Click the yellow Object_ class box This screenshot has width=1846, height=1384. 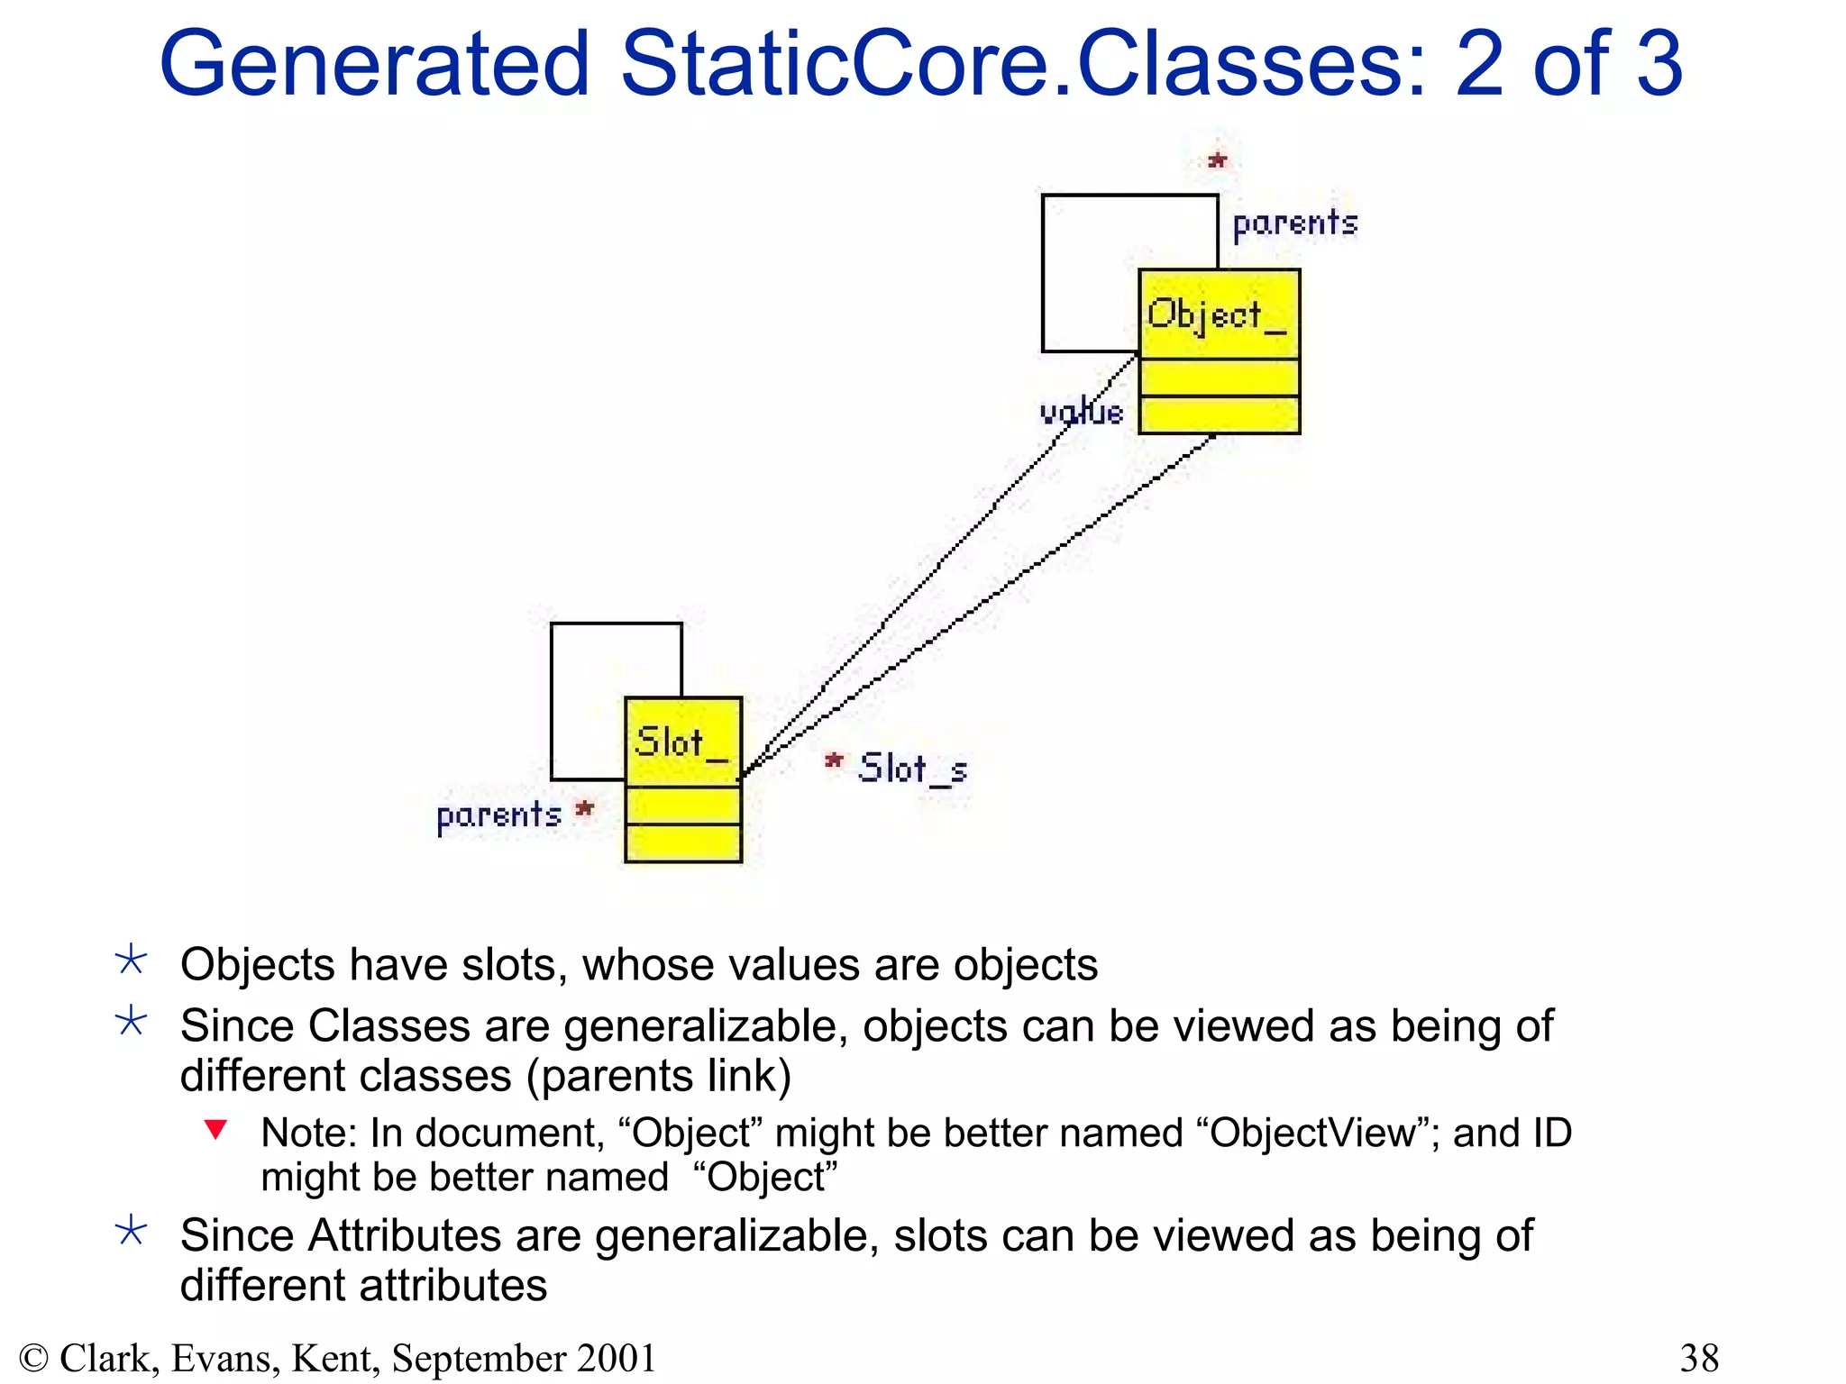(1219, 351)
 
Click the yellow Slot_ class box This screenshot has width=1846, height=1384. (683, 779)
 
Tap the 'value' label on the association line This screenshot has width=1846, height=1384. (1081, 413)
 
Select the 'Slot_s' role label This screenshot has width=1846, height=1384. (912, 769)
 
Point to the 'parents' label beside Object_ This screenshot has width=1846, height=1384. (1294, 223)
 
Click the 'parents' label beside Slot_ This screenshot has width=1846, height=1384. (498, 815)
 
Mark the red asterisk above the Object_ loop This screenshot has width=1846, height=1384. (1218, 161)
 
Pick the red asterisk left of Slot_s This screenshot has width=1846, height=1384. (834, 762)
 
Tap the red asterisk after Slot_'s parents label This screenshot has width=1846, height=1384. (585, 809)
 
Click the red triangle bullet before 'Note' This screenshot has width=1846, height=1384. (215, 1129)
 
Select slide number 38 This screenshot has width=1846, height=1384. (1699, 1358)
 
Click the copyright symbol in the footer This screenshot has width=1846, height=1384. (33, 1358)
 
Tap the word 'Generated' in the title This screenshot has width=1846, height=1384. (374, 63)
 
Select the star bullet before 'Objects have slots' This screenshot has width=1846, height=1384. (132, 961)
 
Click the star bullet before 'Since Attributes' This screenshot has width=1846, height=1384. (132, 1231)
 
